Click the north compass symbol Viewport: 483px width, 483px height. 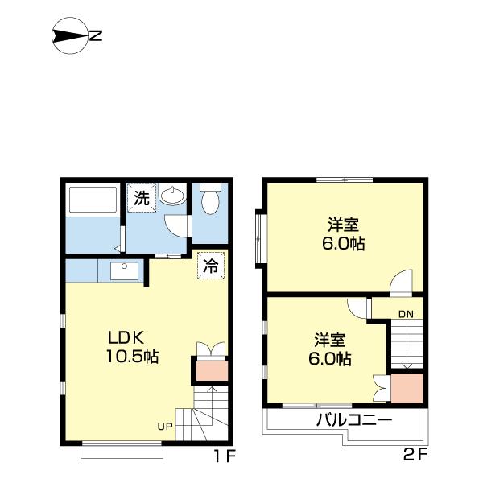point(68,35)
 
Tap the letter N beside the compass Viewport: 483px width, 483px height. point(96,36)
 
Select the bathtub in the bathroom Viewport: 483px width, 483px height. point(93,200)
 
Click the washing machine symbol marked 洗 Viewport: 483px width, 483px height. point(142,198)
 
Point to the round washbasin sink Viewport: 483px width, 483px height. point(172,196)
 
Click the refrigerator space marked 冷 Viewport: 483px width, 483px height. point(211,266)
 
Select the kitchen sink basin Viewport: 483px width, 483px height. point(124,271)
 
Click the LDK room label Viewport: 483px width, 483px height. point(126,338)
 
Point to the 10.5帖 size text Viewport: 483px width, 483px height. point(133,357)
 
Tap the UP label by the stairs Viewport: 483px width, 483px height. point(165,427)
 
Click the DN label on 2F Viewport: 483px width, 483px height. point(406,314)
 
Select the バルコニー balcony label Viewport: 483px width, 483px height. point(354,420)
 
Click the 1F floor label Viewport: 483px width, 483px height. point(225,456)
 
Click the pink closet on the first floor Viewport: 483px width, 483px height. point(213,370)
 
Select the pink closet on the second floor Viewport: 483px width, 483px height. point(407,388)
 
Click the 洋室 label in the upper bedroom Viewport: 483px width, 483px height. point(344,225)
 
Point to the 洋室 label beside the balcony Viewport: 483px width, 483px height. point(330,340)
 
